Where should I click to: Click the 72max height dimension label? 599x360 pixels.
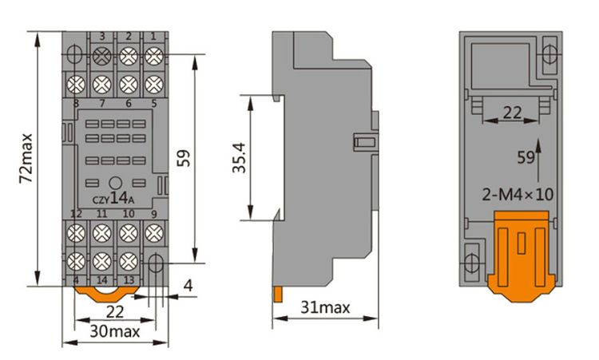point(27,157)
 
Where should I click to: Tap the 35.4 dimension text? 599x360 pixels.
point(236,158)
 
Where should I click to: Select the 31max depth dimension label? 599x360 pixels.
point(327,307)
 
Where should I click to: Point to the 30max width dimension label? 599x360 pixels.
point(114,330)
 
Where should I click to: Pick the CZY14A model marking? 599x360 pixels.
point(114,199)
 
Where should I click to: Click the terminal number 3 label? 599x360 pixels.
point(102,36)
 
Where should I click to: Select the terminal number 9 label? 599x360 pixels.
point(153,214)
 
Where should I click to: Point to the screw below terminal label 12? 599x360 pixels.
point(76,233)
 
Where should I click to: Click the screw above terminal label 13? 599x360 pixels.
point(128,260)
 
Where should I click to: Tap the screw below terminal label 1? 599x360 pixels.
point(153,56)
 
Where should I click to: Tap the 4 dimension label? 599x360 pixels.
point(187,285)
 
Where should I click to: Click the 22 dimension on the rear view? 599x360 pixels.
point(511,114)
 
